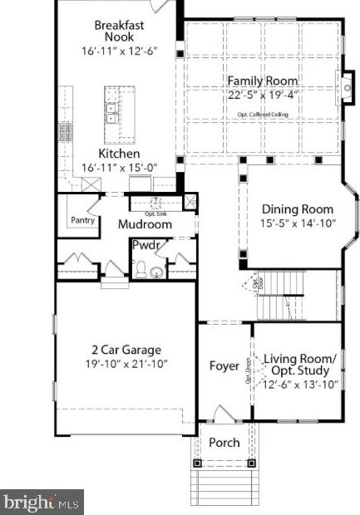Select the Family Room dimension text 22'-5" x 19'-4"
pos(263,95)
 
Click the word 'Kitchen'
pos(119,154)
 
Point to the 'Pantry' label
pos(81,222)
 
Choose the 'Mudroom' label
pos(145,224)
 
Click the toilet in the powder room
pos(142,267)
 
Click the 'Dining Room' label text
pos(298,209)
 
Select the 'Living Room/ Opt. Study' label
pos(300,364)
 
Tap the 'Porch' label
pos(224,443)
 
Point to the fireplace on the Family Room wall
pos(346,85)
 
